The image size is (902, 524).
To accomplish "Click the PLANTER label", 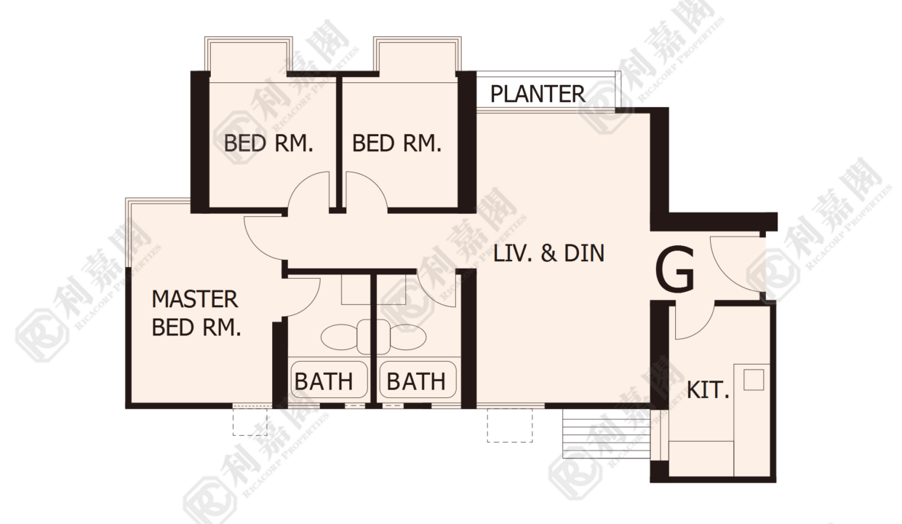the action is click(538, 94).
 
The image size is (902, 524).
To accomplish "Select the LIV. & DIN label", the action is click(549, 253).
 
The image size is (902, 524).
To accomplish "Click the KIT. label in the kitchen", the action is click(708, 390).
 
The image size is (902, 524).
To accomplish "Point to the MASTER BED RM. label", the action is click(196, 313).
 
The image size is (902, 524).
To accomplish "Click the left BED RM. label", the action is click(268, 143).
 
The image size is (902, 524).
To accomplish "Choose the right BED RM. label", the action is click(397, 143).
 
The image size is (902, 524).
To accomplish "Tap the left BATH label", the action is click(324, 381).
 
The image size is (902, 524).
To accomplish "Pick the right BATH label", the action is click(416, 381).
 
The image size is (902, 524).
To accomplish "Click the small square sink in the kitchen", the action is click(754, 379).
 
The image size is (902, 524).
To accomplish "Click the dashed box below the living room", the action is click(509, 425).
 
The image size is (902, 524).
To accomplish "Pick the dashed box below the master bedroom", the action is click(250, 421).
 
